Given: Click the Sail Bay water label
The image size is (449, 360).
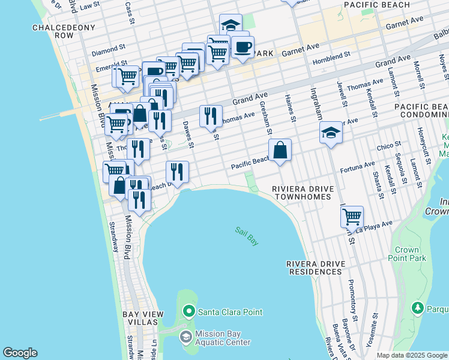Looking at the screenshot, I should [247, 236].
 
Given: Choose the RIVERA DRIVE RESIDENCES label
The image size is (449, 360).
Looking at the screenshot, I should [315, 268].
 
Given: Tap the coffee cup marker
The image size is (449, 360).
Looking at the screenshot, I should [243, 47].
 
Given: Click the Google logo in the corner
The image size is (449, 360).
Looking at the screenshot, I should [20, 353].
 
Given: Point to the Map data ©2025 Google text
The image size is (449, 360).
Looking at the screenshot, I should [412, 355].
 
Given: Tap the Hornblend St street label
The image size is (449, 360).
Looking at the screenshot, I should [331, 55].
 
